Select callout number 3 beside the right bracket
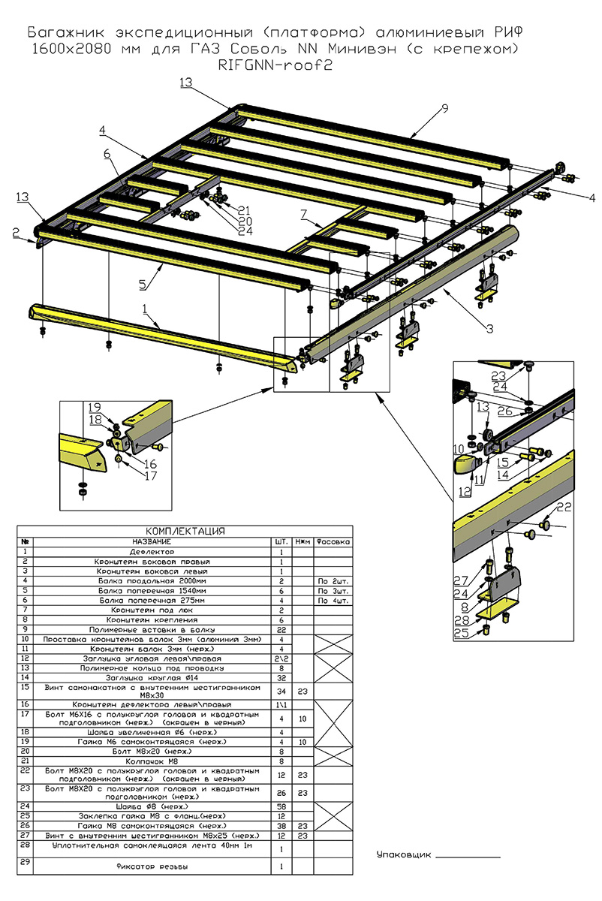point(489,329)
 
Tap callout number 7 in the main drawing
point(303,215)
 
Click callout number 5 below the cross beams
point(142,285)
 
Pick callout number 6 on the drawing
point(107,154)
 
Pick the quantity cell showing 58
point(281,806)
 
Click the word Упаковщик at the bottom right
point(404,855)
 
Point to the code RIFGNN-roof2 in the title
point(273,65)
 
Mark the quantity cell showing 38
point(281,825)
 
